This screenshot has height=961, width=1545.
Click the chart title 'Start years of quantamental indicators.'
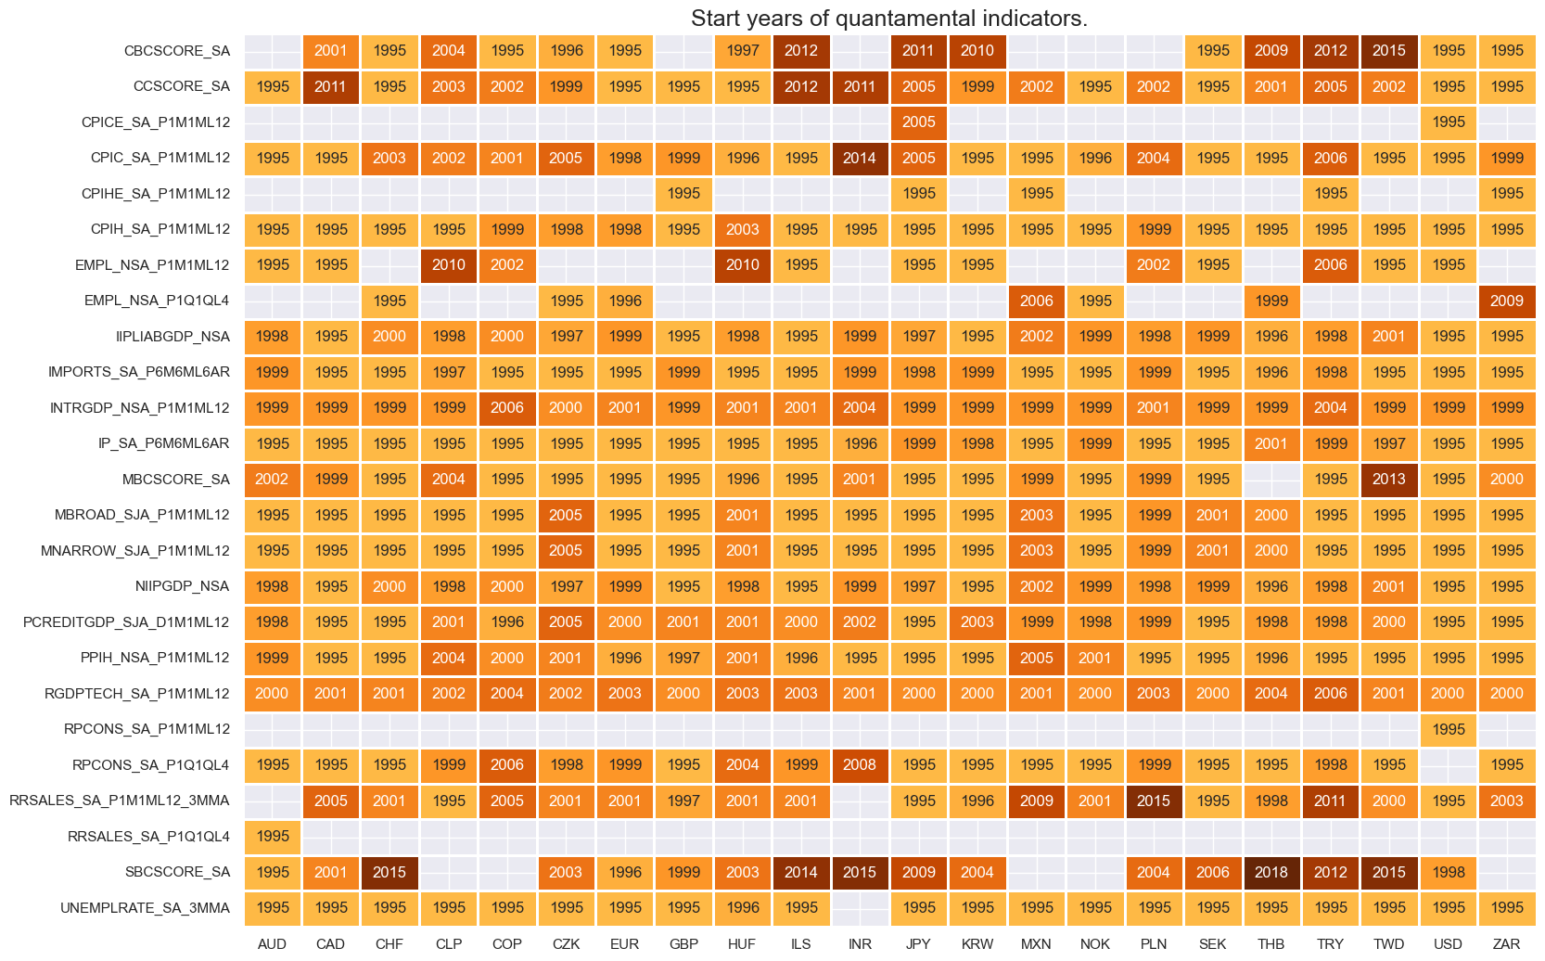(888, 19)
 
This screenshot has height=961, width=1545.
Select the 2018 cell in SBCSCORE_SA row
(1271, 872)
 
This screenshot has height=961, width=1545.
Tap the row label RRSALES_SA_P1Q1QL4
(148, 837)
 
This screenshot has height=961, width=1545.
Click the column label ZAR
(1506, 943)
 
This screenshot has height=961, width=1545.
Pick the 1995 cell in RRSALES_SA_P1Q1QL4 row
(273, 837)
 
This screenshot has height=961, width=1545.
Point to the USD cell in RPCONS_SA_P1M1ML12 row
(1448, 729)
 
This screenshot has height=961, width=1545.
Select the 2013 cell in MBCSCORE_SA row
(1389, 480)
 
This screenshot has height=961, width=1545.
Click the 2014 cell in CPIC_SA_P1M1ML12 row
(860, 158)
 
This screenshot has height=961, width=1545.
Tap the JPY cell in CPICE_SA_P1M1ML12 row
(918, 122)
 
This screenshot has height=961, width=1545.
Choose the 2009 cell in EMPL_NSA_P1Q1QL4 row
(1506, 301)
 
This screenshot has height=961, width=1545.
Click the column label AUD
(273, 943)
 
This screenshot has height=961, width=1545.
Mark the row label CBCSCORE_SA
(176, 51)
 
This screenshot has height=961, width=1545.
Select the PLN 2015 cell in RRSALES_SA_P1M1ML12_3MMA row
(1154, 801)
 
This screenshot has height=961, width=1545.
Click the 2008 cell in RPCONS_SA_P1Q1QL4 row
(860, 765)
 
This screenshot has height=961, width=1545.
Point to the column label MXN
(1036, 943)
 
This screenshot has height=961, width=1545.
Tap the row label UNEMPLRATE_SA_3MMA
(145, 908)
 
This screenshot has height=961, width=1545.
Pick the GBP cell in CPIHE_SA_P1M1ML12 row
(683, 194)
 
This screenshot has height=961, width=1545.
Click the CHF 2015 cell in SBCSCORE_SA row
(389, 872)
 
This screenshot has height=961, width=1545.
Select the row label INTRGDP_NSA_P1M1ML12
(139, 408)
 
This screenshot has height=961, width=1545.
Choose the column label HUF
(742, 943)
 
